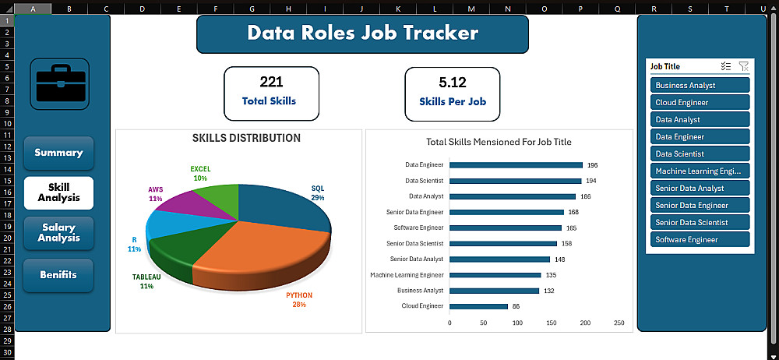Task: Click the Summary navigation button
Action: click(58, 153)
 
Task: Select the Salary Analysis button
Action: click(58, 233)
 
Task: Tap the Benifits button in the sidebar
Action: click(58, 275)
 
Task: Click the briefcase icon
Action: click(60, 84)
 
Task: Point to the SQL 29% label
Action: click(318, 193)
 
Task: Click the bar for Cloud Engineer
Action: click(479, 306)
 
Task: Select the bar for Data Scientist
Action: click(516, 181)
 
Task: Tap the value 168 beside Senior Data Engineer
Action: click(574, 212)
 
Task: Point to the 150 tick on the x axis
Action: click(552, 323)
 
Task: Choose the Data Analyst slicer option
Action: click(700, 119)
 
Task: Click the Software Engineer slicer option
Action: click(700, 240)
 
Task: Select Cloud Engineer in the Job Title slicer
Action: click(700, 102)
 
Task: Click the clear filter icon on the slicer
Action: click(744, 66)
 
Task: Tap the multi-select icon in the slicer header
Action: click(726, 66)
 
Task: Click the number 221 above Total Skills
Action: click(271, 82)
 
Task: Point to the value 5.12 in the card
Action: click(453, 82)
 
